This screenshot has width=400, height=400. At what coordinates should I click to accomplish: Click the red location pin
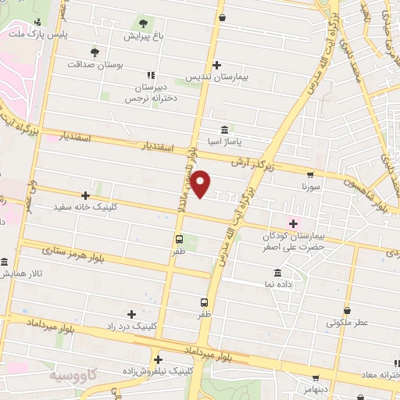pos(202,182)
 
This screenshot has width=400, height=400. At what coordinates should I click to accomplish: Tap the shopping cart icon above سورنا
pos(311,175)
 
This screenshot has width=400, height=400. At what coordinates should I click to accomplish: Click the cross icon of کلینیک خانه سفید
pos(85,195)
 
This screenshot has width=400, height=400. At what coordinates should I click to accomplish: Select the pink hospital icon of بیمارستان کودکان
pos(294,222)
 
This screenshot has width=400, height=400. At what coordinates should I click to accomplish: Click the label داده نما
pos(278,286)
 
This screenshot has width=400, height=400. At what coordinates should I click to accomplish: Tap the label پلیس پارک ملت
pos(38,35)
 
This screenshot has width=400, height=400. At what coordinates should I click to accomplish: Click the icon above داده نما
pos(278,273)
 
